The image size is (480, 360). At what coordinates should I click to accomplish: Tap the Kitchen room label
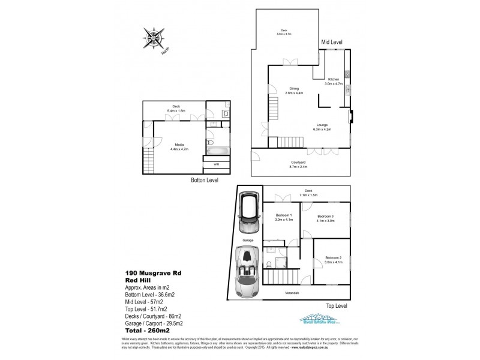(334, 80)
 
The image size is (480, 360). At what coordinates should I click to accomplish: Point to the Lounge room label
(322, 125)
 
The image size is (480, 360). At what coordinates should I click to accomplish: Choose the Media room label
(179, 145)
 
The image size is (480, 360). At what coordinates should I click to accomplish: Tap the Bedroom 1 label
(284, 215)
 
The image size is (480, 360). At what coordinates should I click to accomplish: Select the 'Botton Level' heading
(200, 180)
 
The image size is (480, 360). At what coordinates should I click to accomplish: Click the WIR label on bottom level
(217, 163)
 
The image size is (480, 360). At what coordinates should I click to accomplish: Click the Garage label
(248, 240)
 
